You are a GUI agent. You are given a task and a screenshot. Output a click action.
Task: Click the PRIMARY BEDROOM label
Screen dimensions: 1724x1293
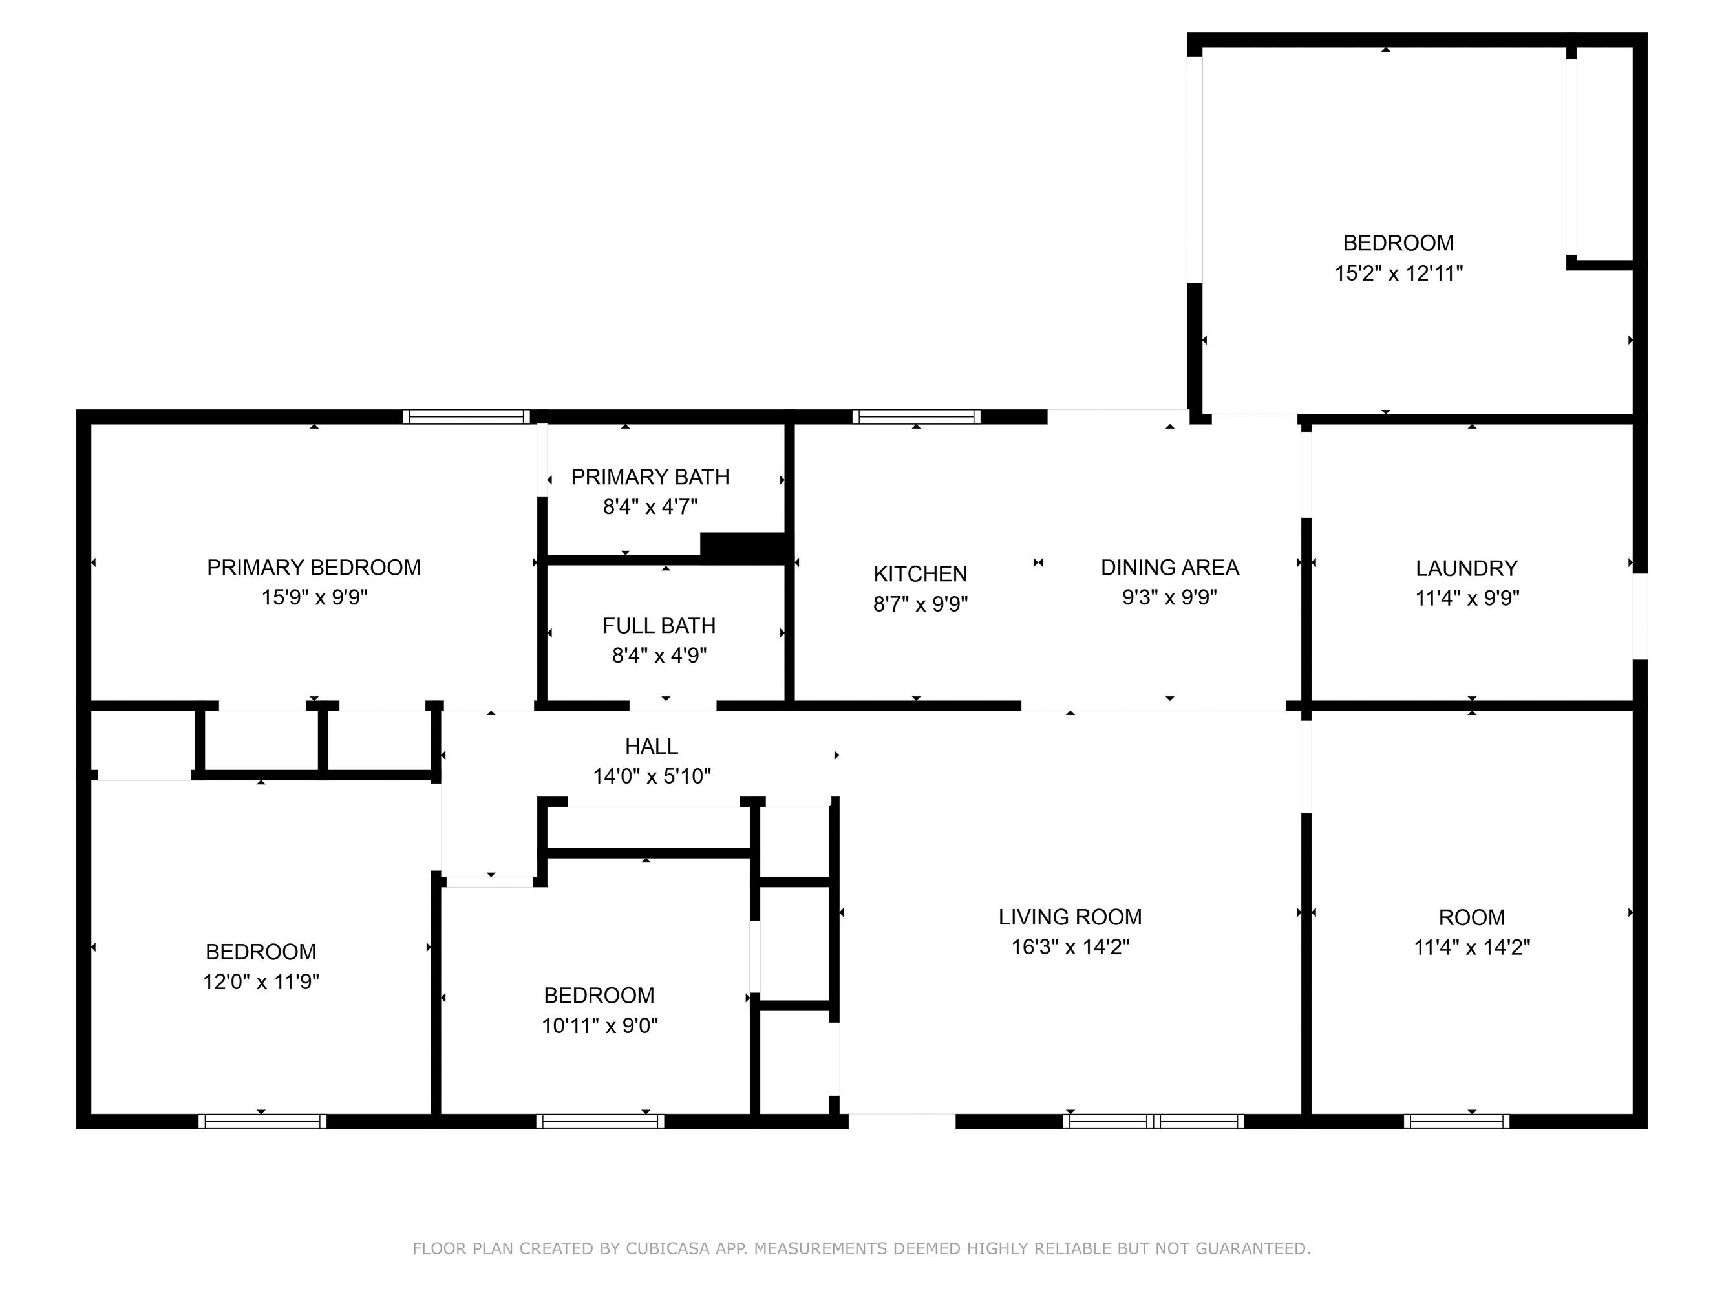point(314,568)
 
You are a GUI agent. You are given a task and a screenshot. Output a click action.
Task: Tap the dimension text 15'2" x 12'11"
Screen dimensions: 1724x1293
point(1398,273)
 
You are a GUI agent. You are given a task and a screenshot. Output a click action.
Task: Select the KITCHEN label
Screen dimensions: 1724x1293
point(920,573)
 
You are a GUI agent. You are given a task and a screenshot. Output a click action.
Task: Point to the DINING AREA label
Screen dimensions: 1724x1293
point(1169,568)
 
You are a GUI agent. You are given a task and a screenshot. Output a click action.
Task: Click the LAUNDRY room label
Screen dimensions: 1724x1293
point(1467,568)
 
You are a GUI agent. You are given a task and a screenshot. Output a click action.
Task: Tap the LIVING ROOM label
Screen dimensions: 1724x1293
point(1070,917)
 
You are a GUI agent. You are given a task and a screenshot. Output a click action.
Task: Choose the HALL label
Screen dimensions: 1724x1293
point(652,746)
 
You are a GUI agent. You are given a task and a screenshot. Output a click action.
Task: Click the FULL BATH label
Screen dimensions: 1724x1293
point(659,625)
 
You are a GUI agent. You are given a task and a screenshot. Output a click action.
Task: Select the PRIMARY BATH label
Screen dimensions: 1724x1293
point(650,476)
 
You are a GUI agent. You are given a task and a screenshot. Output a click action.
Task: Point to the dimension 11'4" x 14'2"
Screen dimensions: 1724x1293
point(1471,947)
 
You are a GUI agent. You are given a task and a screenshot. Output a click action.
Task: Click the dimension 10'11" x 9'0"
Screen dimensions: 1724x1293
point(599,1025)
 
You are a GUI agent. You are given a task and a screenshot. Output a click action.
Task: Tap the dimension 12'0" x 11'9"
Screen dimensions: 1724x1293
point(261,981)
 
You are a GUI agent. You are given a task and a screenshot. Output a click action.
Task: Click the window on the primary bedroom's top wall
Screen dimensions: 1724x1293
point(466,416)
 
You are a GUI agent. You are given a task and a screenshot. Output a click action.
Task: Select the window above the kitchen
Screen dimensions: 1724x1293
point(916,416)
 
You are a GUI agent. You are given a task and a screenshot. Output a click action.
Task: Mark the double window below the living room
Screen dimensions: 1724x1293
point(1153,1121)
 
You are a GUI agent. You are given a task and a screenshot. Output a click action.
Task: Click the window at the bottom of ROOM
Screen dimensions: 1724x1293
point(1456,1121)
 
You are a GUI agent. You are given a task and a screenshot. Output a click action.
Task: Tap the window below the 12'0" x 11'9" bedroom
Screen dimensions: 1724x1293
point(262,1121)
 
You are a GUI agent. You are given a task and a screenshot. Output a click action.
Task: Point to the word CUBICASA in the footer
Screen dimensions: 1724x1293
point(667,1248)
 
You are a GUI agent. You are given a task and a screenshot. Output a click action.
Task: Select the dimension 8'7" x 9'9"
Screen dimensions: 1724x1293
point(921,604)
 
